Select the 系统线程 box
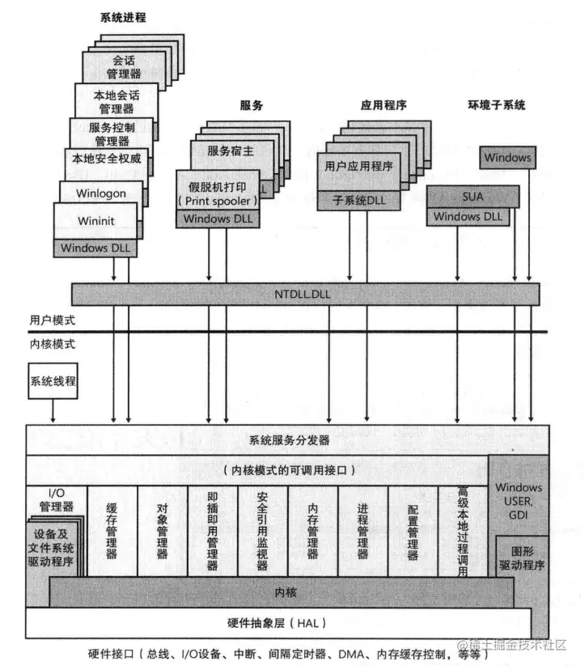(53, 381)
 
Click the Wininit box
(95, 220)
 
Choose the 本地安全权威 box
(106, 159)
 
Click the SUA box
(473, 196)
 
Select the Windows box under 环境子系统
(507, 157)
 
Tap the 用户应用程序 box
(358, 167)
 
